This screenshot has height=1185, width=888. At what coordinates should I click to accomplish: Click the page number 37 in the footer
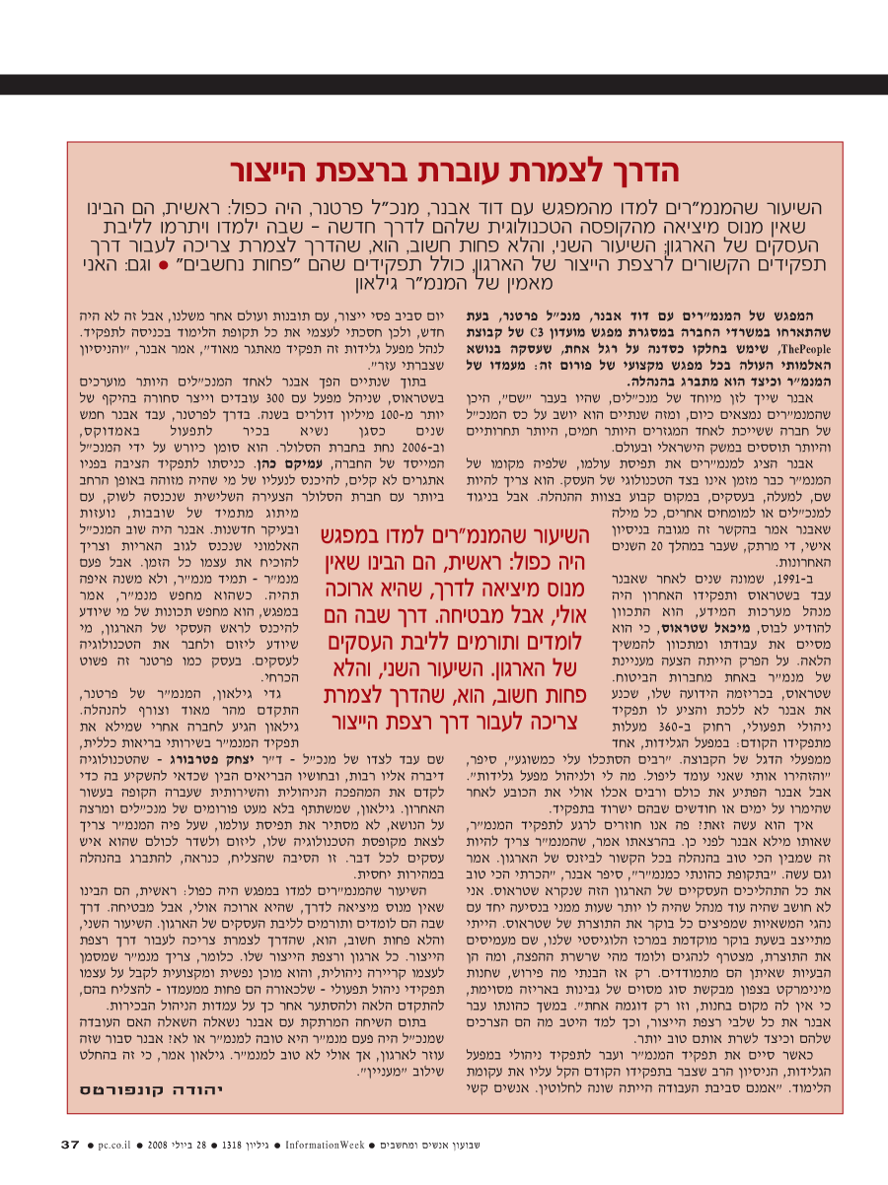tap(70, 1144)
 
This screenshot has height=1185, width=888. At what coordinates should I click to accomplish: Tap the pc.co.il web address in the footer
tap(117, 1145)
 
